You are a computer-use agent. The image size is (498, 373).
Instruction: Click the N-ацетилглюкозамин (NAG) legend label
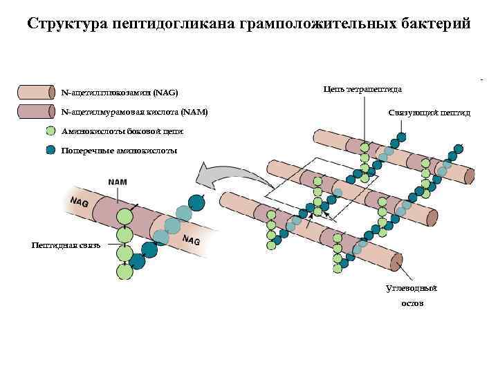120,92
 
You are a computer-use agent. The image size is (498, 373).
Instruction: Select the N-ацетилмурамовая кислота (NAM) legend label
134,111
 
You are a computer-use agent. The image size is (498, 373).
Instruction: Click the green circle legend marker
50,131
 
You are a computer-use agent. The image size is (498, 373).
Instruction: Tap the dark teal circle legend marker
50,150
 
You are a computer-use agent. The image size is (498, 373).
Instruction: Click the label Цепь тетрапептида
362,89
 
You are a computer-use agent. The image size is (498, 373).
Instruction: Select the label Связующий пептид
429,113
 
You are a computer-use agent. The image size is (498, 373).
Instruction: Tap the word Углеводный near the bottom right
412,288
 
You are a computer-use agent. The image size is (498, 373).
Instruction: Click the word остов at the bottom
412,303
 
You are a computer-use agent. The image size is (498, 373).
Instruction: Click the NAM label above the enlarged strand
118,182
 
